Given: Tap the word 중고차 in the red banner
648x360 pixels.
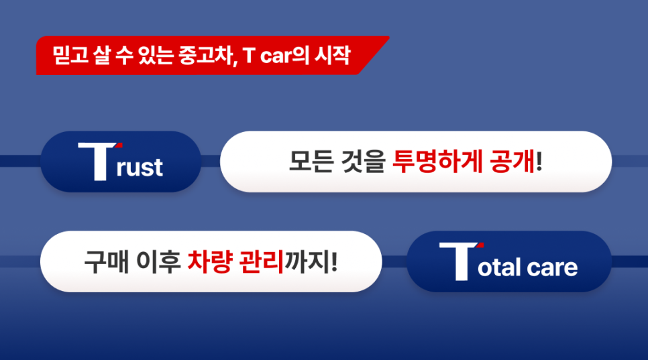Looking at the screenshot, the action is (207, 56).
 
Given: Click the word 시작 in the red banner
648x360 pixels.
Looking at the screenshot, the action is (333, 55).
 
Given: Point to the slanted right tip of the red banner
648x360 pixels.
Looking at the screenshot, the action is (388, 37).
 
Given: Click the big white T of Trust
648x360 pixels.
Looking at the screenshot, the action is (99, 162).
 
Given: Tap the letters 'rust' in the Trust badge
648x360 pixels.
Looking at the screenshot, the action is (140, 167).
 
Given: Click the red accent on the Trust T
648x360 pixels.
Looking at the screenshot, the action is (119, 145).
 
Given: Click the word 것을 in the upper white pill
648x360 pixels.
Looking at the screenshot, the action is (363, 162).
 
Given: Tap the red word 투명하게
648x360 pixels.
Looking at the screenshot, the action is (437, 162).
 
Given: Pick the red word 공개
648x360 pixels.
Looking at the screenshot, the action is (512, 162).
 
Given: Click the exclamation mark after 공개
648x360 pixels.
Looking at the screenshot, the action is (539, 162).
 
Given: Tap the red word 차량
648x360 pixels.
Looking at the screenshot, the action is (209, 261).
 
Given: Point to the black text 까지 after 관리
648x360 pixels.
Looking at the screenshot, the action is (307, 261).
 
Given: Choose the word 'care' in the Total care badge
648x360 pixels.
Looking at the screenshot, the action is (552, 268).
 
